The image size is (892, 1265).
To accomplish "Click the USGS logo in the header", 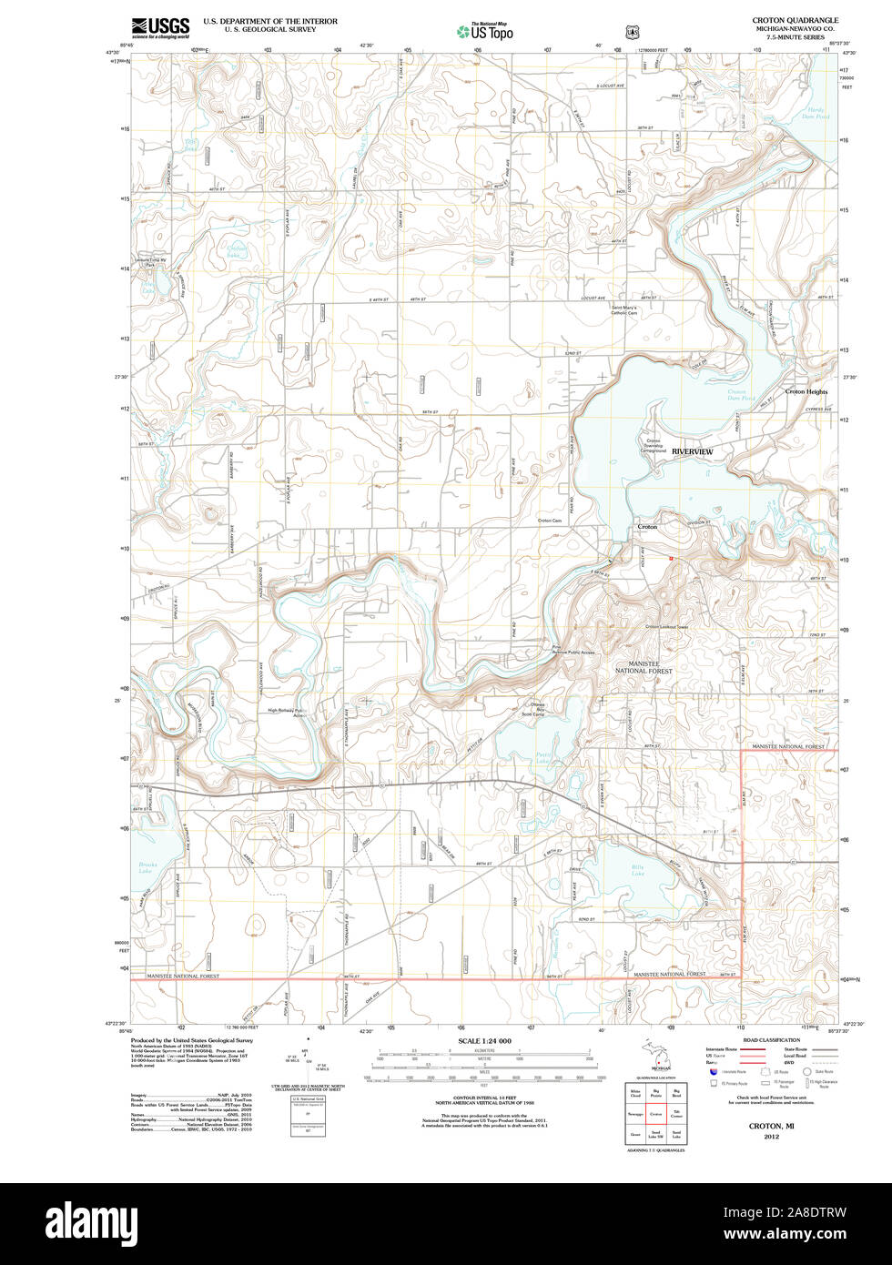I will tap(160, 27).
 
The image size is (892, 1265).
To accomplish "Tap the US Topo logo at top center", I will tap(485, 32).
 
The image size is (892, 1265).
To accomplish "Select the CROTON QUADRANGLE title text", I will tap(795, 20).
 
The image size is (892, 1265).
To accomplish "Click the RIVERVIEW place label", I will tap(693, 452).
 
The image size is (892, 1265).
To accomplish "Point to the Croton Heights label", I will tap(806, 391).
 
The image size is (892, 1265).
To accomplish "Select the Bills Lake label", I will tap(638, 870).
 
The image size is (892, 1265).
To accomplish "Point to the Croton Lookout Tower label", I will tap(666, 626).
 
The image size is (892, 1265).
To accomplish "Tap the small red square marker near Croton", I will tap(671, 558).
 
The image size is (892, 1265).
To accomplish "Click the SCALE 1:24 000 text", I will tap(484, 1040).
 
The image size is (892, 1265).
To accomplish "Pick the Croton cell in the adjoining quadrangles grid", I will tap(655, 1112).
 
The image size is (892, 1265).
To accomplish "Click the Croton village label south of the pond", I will tap(646, 527).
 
